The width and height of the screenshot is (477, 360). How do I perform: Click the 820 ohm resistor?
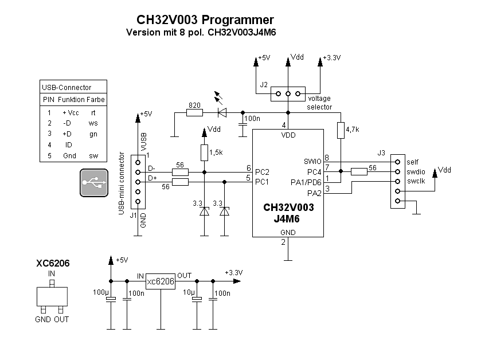[194, 113]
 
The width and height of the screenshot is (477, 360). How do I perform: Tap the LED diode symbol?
[222, 112]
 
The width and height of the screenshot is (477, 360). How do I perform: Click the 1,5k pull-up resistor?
[205, 152]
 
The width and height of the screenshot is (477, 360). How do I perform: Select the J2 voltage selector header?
[288, 93]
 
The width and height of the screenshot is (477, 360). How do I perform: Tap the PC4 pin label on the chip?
[314, 171]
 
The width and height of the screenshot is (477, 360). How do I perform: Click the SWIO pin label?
[312, 162]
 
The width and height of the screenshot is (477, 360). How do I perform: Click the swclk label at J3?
[415, 181]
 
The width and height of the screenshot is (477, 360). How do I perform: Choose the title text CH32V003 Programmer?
[201, 21]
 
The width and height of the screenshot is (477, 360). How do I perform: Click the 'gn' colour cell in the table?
[93, 134]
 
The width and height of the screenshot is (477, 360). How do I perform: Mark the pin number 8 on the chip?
[327, 158]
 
